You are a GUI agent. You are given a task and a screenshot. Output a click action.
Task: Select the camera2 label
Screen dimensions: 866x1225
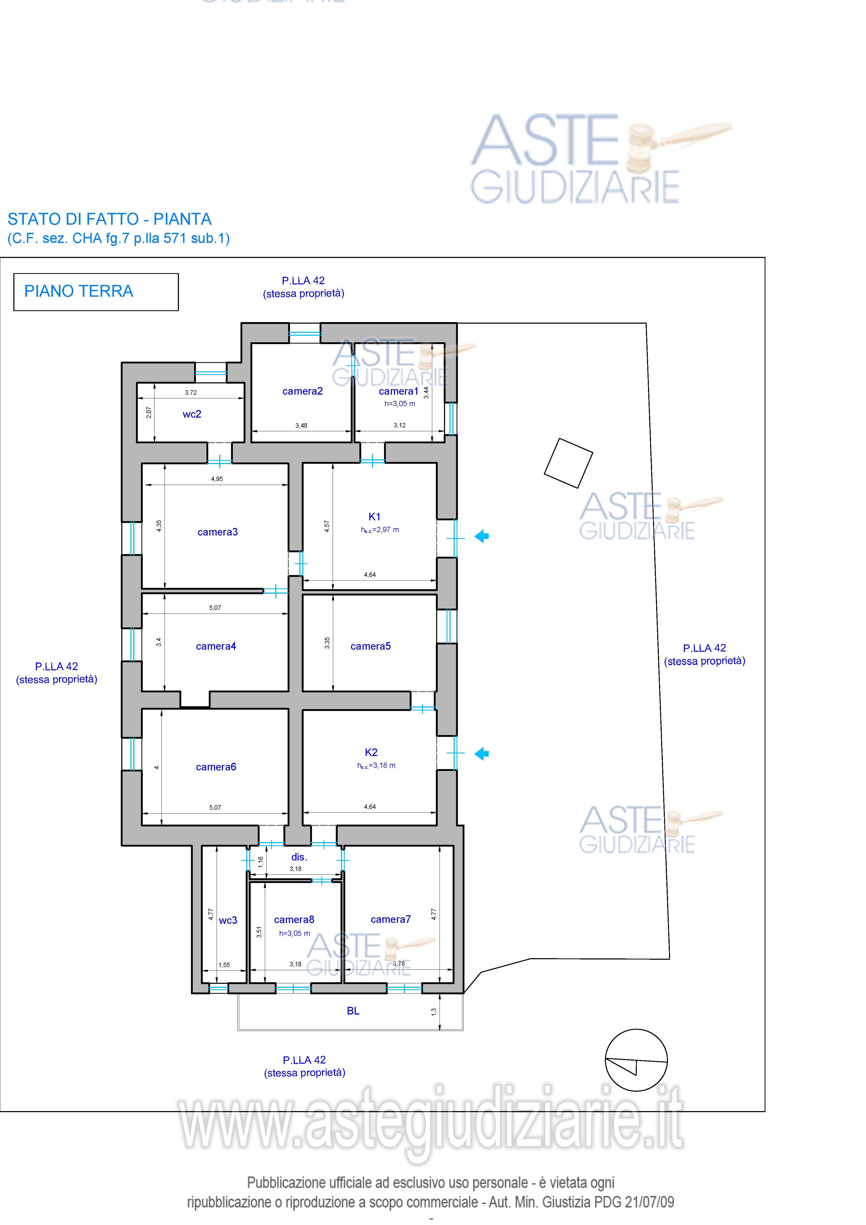coord(303,391)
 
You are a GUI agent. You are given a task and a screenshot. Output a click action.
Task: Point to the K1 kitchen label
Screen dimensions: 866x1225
coord(375,516)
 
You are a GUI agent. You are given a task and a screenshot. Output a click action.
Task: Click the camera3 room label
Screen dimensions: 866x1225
coord(218,532)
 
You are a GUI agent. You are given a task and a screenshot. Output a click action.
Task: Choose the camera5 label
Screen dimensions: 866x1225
coord(371,646)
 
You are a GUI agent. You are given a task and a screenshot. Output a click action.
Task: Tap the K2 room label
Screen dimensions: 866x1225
coord(371,752)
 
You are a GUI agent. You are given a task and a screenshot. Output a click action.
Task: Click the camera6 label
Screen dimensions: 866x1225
coord(216,767)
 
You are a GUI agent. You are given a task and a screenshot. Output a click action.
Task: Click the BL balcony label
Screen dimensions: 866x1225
coord(353,1011)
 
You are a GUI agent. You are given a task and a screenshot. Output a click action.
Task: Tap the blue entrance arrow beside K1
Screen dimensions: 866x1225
coord(482,536)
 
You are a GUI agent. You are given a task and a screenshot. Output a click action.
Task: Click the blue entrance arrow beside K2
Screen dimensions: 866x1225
coord(482,753)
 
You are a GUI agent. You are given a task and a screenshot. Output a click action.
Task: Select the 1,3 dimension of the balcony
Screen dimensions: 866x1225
coord(434,1011)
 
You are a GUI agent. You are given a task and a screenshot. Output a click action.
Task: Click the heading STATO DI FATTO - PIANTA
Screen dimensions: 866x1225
coord(109,219)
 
